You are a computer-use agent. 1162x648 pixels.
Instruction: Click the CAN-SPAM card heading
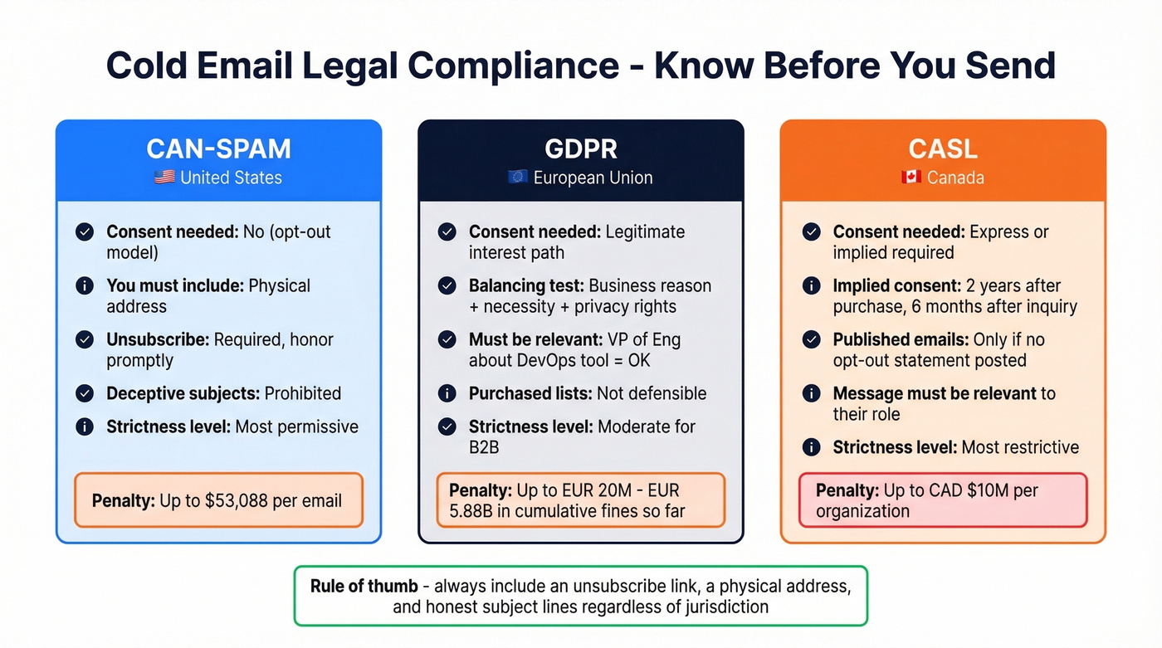click(x=218, y=149)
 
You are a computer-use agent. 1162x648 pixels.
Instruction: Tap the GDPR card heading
click(x=580, y=149)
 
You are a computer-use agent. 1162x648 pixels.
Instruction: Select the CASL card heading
click(x=943, y=149)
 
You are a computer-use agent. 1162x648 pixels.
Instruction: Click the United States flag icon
click(x=164, y=178)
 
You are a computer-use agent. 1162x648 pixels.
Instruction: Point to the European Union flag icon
click(x=518, y=178)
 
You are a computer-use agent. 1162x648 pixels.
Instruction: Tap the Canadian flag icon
click(x=911, y=178)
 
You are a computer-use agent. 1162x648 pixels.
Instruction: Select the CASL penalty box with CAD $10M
click(x=942, y=500)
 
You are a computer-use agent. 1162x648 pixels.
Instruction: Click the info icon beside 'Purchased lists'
click(x=447, y=393)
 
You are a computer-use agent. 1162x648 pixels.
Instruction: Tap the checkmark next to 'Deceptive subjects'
click(x=85, y=393)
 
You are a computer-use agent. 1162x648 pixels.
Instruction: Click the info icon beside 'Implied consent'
click(x=811, y=286)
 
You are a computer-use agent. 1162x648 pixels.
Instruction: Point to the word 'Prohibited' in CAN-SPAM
click(x=302, y=393)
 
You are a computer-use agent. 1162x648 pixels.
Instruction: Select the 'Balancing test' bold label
click(x=526, y=286)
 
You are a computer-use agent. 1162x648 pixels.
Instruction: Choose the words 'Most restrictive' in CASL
click(x=1020, y=447)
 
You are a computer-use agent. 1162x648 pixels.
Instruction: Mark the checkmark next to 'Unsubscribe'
click(x=85, y=339)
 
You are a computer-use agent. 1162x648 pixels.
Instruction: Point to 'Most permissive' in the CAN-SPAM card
click(x=297, y=426)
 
